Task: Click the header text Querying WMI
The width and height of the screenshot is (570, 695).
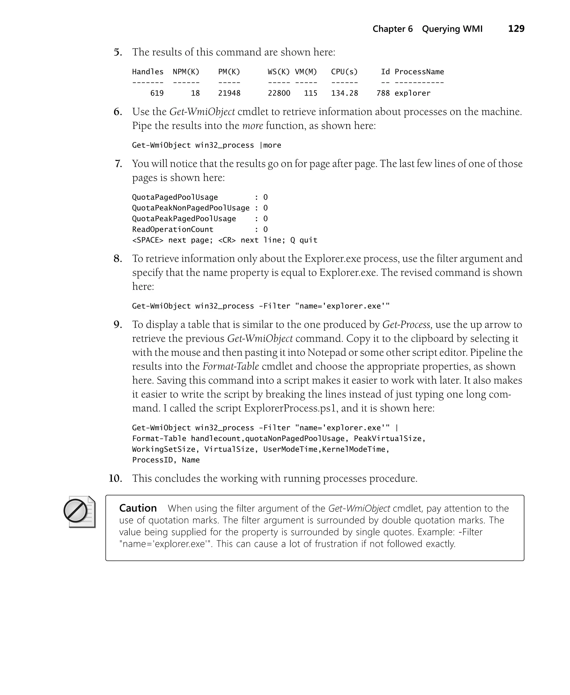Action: tap(452, 29)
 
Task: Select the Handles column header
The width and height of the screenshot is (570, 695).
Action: tap(148, 72)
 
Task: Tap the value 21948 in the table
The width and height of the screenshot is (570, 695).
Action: tap(229, 93)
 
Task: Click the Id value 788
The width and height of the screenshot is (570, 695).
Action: tap(383, 93)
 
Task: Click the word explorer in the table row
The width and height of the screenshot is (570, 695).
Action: tap(412, 93)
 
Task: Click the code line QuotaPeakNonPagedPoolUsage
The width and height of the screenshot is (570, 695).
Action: tap(190, 208)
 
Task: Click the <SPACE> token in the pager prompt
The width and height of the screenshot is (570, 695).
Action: tap(148, 240)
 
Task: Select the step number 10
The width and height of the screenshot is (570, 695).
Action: tap(115, 479)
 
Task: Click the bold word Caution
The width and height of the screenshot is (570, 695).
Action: tap(138, 508)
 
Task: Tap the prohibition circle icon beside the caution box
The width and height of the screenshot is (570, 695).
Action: tap(75, 511)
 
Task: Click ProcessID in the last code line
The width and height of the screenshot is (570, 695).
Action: tap(152, 460)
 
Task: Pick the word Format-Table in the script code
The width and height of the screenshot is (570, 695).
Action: tap(159, 439)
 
